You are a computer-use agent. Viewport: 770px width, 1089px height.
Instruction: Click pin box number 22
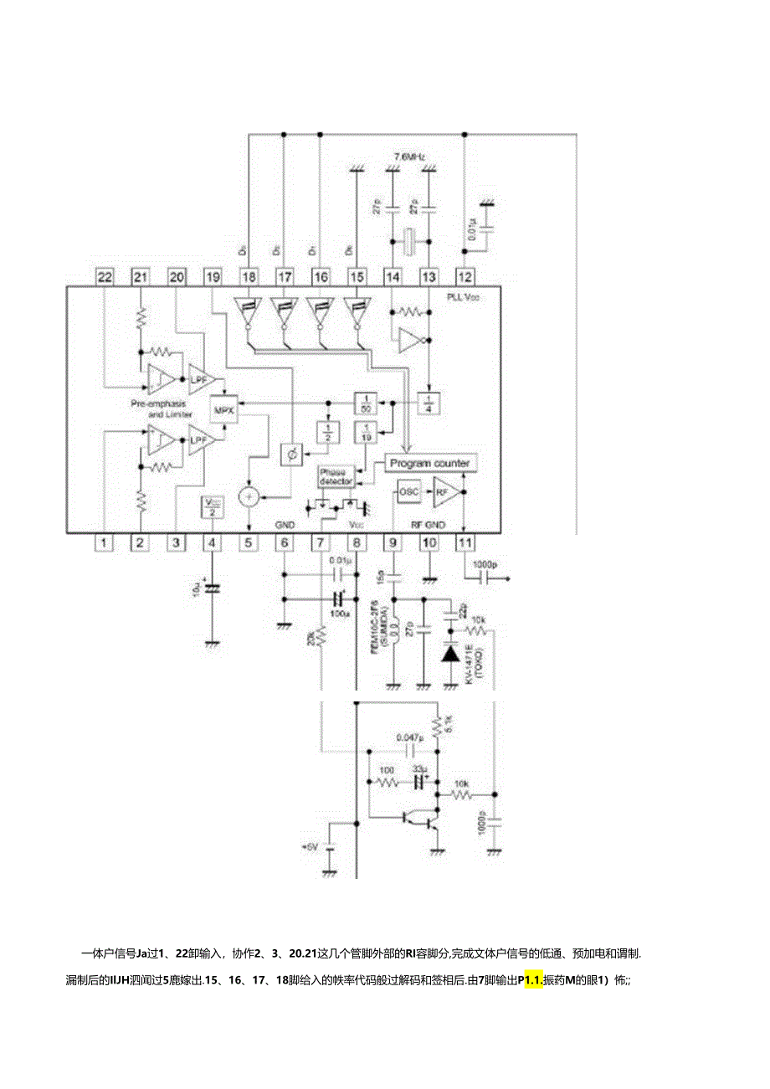point(104,277)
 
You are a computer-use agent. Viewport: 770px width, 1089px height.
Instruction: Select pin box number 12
point(465,277)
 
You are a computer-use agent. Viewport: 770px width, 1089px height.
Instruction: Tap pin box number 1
point(104,542)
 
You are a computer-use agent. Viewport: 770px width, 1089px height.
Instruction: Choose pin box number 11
point(465,542)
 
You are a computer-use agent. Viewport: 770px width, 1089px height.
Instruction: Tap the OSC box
point(408,491)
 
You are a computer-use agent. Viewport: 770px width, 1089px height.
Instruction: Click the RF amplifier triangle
point(444,492)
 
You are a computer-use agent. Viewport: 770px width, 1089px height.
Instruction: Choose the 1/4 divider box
point(429,401)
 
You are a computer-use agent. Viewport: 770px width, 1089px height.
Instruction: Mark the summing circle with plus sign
point(248,496)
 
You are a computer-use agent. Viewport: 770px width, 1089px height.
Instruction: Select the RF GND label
point(427,525)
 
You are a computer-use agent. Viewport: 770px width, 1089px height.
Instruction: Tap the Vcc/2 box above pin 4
point(212,507)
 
